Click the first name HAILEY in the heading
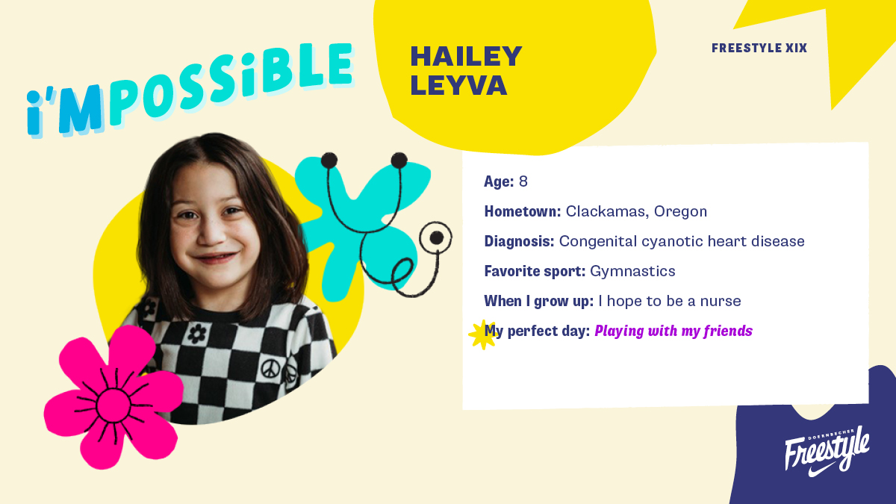466,56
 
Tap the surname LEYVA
458,85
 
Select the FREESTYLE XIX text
759,48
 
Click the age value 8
523,181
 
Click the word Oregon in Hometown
680,211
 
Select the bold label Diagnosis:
519,242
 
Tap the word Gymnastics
632,272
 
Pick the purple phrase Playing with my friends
673,332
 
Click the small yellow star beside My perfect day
482,335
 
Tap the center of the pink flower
113,405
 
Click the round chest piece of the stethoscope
435,238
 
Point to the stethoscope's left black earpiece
329,161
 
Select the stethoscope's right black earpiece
399,161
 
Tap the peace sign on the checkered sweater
270,369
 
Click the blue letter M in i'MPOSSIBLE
81,109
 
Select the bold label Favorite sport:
535,271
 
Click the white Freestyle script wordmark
827,449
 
